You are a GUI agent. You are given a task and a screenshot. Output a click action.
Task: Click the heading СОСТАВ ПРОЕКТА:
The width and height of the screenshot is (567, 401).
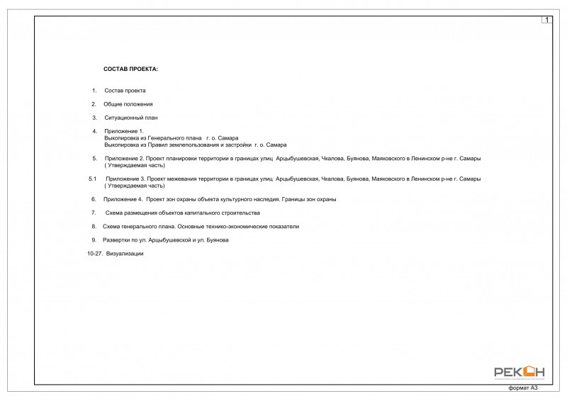[x=130, y=69]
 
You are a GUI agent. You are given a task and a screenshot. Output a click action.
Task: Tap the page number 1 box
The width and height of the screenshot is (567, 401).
[x=547, y=20]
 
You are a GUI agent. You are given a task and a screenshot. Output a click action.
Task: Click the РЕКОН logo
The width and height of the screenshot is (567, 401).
[x=520, y=371]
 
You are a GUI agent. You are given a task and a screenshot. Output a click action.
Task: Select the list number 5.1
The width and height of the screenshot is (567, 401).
[x=92, y=179]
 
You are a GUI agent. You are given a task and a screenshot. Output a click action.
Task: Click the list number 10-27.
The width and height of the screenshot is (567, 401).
[x=94, y=253]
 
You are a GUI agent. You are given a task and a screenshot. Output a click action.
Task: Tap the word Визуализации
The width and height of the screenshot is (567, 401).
[x=125, y=253]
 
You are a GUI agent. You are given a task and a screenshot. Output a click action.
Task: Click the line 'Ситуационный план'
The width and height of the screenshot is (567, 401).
[x=131, y=118]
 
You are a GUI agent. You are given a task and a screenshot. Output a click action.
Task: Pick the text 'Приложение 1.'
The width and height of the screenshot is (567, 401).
[x=123, y=131]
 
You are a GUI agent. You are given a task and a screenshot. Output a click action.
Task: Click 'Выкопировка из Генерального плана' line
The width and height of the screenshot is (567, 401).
[x=152, y=137]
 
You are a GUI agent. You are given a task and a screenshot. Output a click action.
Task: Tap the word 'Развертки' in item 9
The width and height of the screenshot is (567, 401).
[x=116, y=240]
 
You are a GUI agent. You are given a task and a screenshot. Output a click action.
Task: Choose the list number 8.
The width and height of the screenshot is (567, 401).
[x=94, y=227]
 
